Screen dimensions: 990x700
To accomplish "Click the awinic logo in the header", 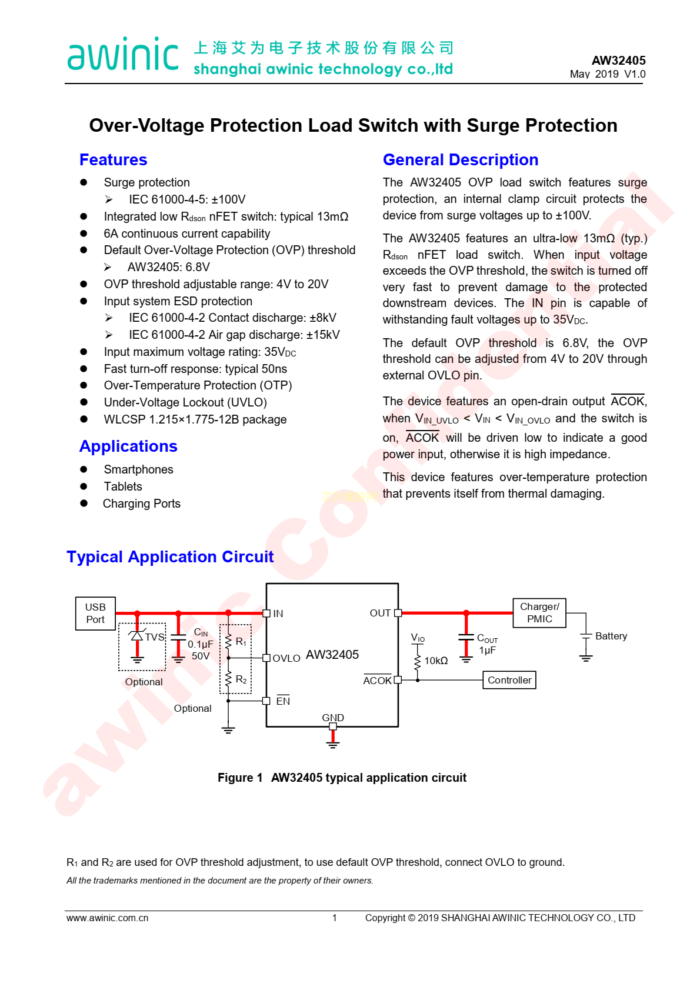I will pos(123,55).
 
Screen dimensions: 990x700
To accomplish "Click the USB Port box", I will pos(95,613).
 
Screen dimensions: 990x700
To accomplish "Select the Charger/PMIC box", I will pos(539,612).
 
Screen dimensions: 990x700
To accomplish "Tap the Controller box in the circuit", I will pos(509,680).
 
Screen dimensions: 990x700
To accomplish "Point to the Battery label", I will pos(611,636).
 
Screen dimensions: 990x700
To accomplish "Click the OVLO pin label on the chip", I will pos(286,658).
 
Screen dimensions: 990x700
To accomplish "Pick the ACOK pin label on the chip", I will pos(377,681).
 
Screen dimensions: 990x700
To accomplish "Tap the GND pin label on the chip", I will pos(333,718).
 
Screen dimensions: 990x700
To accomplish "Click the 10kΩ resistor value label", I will pos(436,661).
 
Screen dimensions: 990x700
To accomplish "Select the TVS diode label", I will pos(155,637).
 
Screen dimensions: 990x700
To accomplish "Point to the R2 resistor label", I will pos(241,679).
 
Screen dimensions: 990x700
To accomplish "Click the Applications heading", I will pos(128,446).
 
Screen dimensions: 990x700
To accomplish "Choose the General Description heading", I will pos(460,160).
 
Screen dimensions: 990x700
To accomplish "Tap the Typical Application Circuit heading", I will pos(170,557).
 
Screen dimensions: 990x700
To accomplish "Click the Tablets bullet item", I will pos(123,486).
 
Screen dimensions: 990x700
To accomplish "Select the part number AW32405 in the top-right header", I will pos(618,61).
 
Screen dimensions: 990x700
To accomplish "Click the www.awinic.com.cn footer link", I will pos(107,918).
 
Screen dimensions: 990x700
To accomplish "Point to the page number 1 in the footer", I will pos(335,918).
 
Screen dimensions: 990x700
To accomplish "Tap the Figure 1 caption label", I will pos(240,778).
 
